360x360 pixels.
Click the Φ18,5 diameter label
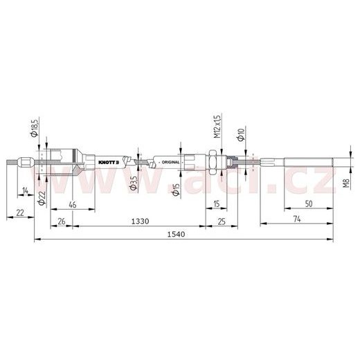34,127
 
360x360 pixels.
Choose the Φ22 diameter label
42,199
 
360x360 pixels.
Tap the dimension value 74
296,220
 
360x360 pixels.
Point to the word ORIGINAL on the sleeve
170,161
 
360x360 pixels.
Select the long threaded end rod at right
308,164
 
